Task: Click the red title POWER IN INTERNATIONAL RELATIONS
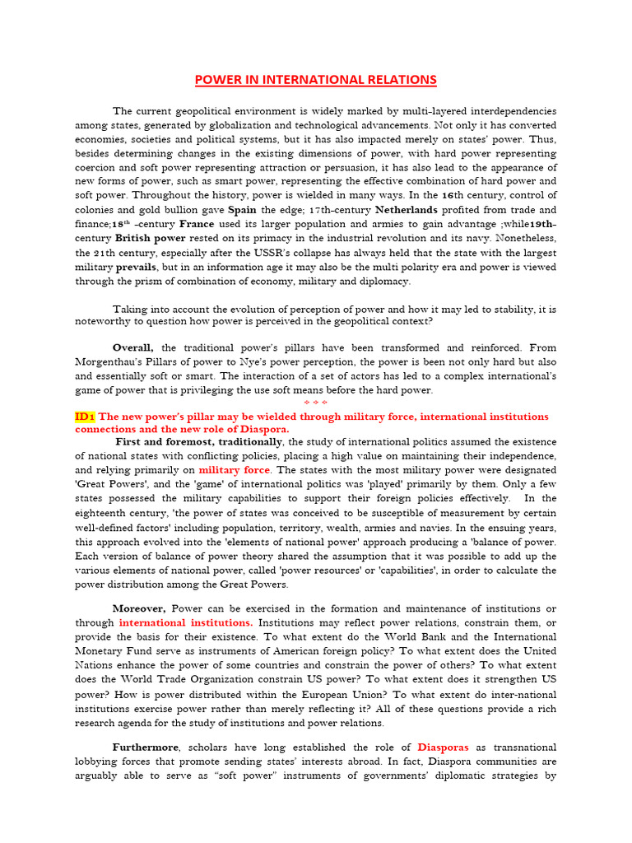(x=315, y=80)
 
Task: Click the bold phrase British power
(x=151, y=239)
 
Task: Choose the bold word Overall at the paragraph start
(x=132, y=347)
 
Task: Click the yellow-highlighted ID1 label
(x=85, y=417)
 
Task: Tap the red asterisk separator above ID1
(x=315, y=403)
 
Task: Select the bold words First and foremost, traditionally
(x=199, y=442)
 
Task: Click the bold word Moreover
(x=140, y=608)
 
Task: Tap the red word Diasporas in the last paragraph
(x=443, y=747)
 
